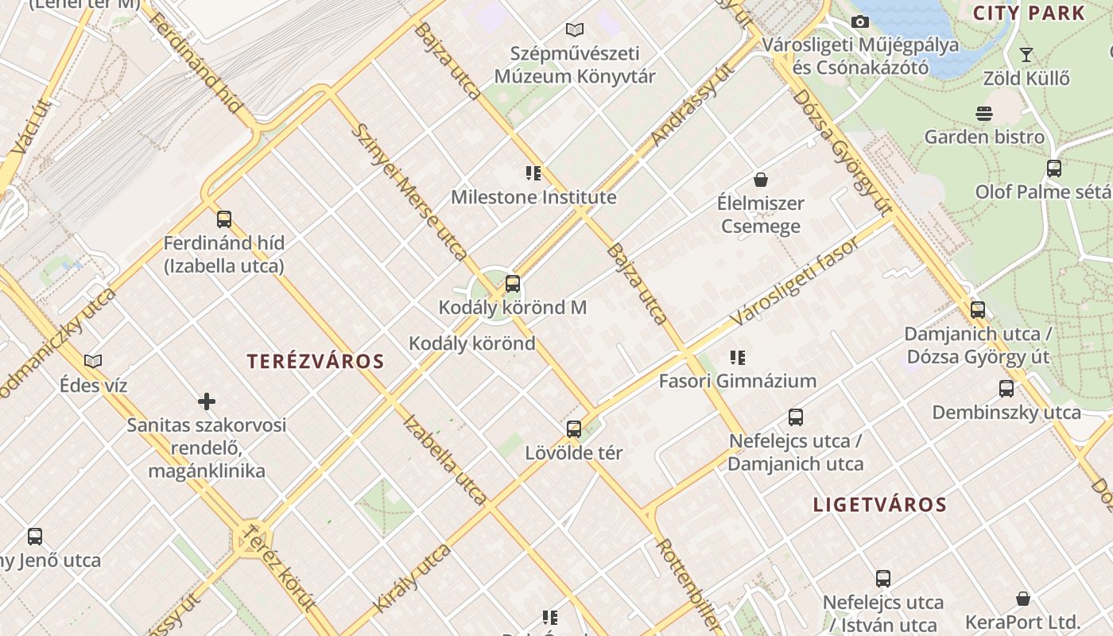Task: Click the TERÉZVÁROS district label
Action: coord(316,362)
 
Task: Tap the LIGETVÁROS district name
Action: coord(880,505)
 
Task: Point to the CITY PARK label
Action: coord(1029,13)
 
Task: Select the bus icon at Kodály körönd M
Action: coord(513,283)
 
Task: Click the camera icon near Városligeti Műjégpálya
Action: coord(859,21)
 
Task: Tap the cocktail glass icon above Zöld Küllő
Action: coord(1026,55)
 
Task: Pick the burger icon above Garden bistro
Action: coord(984,114)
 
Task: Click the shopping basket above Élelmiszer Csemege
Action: coord(761,180)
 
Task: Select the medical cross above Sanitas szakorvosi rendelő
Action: coord(207,401)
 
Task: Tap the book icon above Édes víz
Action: coord(93,362)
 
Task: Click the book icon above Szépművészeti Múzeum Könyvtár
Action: coord(575,30)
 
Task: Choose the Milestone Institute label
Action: coord(533,197)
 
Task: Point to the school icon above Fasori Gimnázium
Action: coord(738,358)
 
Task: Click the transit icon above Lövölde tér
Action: coord(574,429)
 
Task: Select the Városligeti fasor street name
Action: coord(795,281)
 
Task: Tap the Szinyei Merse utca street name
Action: coord(409,192)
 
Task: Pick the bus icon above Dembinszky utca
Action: coord(1006,389)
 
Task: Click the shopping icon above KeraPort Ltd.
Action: coord(1023,599)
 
